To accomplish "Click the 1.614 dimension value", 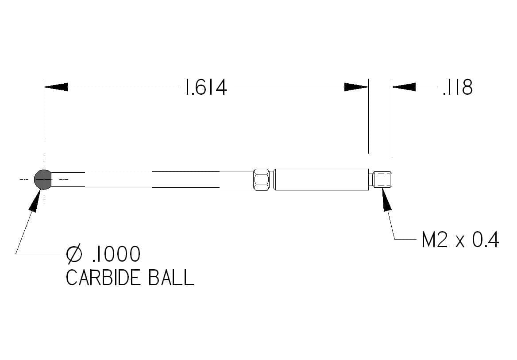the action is [206, 87].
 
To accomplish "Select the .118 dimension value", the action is [458, 87].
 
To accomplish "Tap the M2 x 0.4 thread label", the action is [460, 240].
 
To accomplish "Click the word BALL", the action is [171, 278].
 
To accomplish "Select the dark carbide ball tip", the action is [43, 179].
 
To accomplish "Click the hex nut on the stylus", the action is [262, 179].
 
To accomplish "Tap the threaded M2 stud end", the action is [382, 179].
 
